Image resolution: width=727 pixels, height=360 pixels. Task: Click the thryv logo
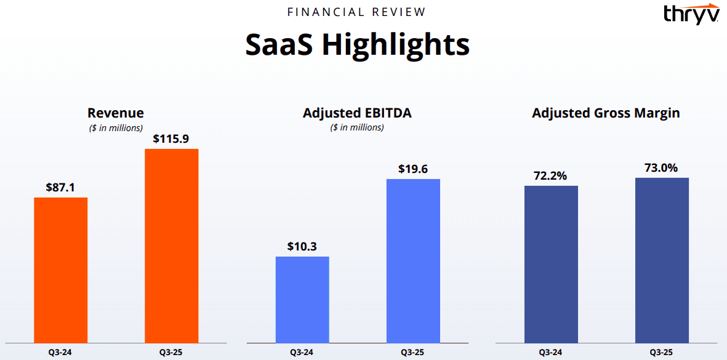[x=691, y=13]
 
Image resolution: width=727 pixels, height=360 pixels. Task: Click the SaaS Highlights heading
[x=358, y=45]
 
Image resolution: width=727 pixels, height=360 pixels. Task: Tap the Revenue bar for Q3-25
[x=172, y=246]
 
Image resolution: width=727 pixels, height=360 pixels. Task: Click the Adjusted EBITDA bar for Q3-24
[x=302, y=299]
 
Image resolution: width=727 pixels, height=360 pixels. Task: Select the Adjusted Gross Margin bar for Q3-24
[x=551, y=264]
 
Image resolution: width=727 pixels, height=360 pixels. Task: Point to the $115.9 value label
[x=172, y=139]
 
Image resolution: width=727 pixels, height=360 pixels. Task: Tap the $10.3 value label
[x=302, y=246]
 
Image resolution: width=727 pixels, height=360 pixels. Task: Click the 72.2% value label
[x=551, y=175]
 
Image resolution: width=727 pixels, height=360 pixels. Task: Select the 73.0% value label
[x=662, y=168]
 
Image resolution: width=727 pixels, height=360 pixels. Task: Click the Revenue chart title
[x=116, y=113]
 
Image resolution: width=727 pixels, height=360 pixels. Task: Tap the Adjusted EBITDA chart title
[x=357, y=113]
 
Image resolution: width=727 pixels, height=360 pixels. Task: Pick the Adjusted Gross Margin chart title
[x=606, y=113]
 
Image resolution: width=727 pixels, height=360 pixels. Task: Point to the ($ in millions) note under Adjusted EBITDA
[x=357, y=127]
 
